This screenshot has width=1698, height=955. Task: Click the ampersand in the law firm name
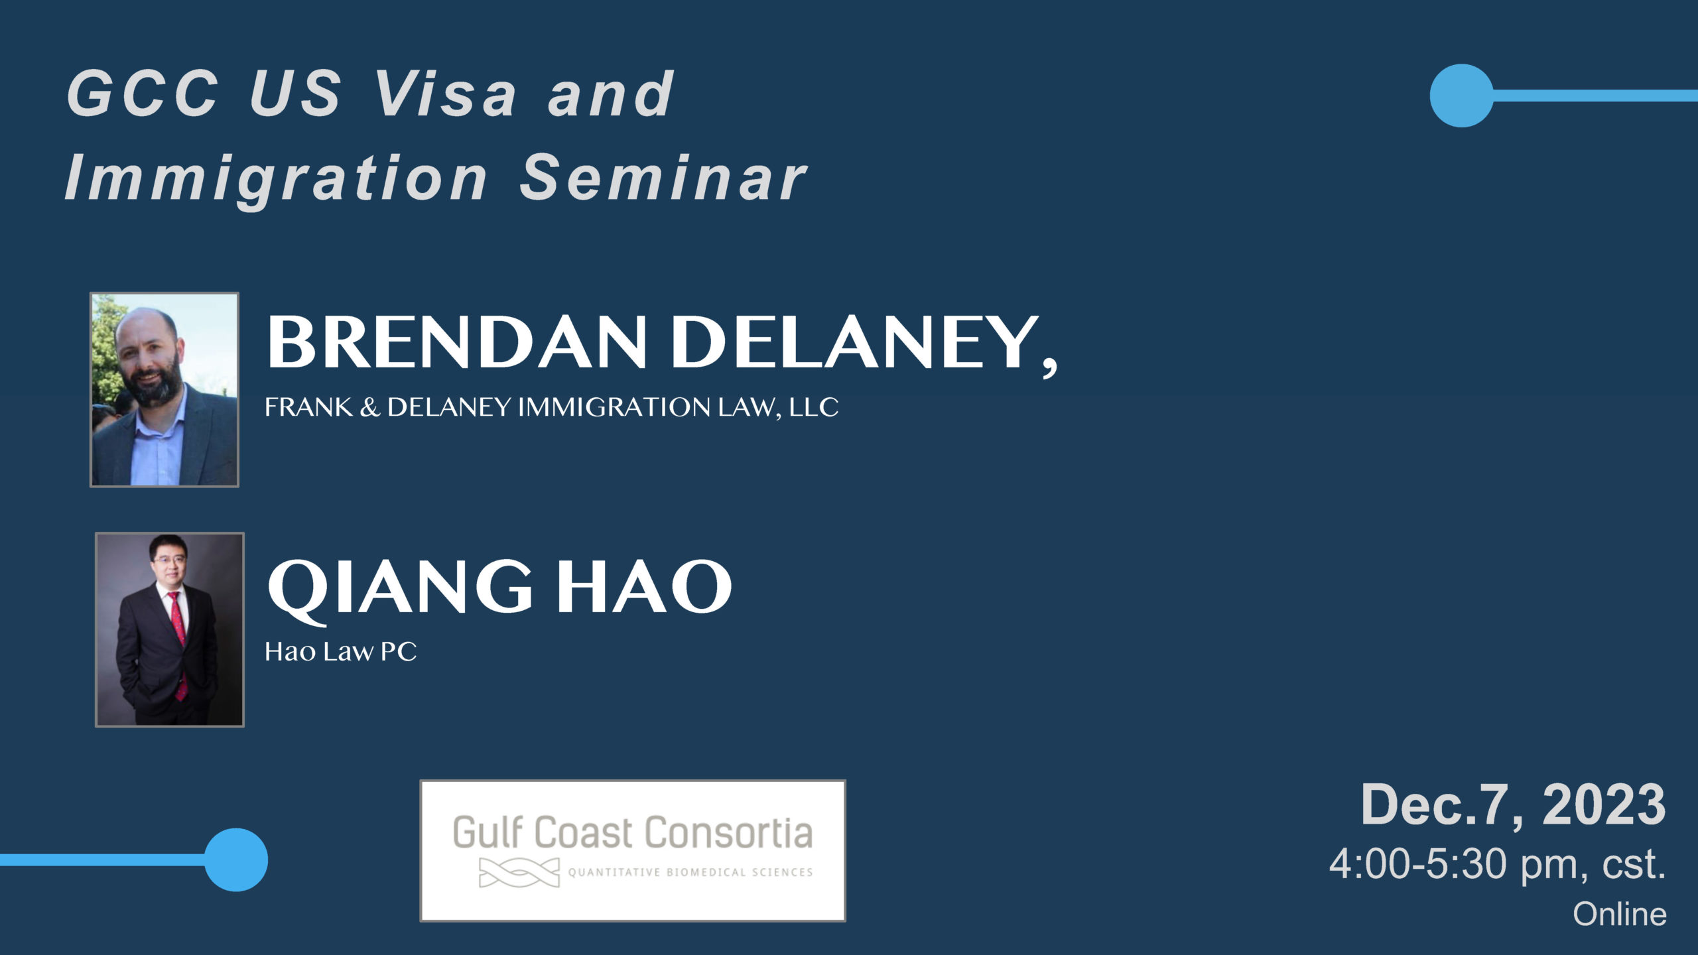click(369, 407)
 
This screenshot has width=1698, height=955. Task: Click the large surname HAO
click(643, 586)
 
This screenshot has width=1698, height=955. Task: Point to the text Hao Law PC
click(341, 651)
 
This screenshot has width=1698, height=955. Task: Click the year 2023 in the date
click(1604, 804)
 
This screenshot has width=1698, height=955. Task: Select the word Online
click(1620, 914)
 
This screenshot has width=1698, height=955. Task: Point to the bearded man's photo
click(164, 389)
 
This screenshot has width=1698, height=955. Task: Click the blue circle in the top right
click(1461, 95)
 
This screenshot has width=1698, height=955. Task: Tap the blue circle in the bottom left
click(236, 859)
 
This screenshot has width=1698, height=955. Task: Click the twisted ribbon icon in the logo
click(519, 872)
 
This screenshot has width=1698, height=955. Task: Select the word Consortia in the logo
click(729, 833)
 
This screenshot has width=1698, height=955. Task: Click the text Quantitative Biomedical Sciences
click(690, 873)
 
